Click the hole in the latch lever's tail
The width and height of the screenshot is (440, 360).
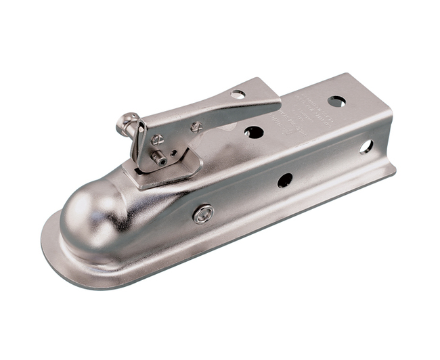[238, 93]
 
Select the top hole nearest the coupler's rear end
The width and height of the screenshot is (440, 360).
[336, 102]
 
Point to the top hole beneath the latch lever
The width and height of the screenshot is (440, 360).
[254, 132]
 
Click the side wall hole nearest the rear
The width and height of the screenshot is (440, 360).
[366, 146]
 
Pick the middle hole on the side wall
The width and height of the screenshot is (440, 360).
[285, 180]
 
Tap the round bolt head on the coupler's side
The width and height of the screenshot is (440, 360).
[202, 214]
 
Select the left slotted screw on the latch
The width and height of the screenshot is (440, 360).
[157, 140]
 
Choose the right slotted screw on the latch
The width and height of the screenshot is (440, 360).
[196, 127]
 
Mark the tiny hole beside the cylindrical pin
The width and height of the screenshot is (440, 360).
[173, 153]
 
